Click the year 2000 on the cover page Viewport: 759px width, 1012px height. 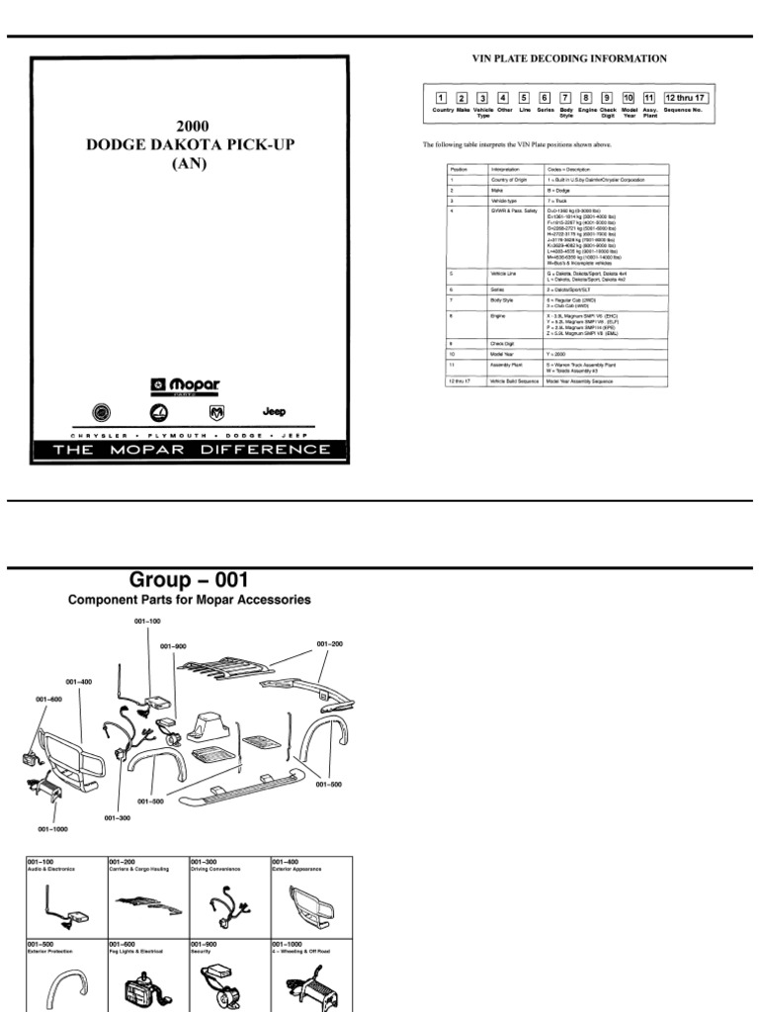click(x=193, y=126)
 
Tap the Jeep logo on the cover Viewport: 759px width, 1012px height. click(x=274, y=410)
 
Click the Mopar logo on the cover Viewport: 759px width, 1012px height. click(x=187, y=384)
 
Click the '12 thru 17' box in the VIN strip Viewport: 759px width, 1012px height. click(x=685, y=98)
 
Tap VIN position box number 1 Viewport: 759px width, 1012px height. click(x=440, y=98)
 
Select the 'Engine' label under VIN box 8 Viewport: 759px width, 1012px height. click(x=587, y=110)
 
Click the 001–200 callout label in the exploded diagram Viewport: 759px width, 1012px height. click(x=329, y=643)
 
